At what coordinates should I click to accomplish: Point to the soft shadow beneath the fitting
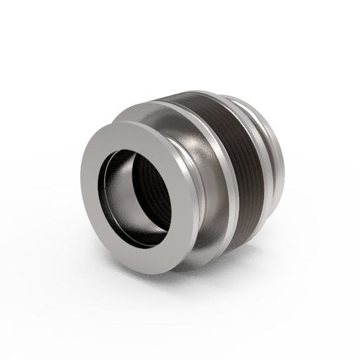pos(218,278)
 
